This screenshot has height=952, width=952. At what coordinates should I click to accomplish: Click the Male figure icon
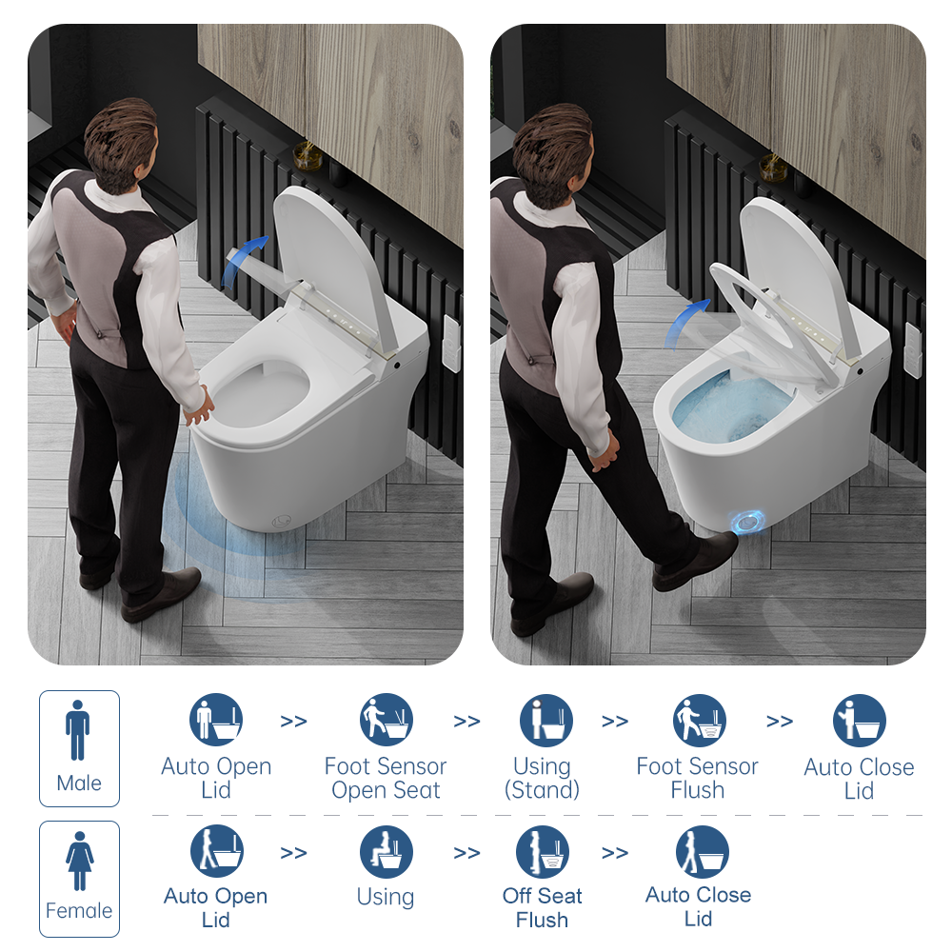tap(78, 730)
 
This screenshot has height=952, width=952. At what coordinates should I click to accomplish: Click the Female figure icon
tap(80, 861)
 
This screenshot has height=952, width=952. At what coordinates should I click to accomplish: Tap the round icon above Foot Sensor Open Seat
tap(387, 720)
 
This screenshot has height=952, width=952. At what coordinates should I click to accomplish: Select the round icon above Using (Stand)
tap(546, 720)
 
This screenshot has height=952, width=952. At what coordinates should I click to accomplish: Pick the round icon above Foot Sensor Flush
tap(700, 720)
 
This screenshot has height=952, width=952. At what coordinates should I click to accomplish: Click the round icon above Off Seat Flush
tap(543, 851)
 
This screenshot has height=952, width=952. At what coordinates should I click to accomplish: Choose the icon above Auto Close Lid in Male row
tap(859, 720)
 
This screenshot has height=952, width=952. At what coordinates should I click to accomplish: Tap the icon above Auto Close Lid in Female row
tap(703, 851)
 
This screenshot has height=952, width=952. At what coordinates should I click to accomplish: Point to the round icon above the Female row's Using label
tap(387, 851)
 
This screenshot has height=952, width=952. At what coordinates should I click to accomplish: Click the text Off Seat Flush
tap(543, 907)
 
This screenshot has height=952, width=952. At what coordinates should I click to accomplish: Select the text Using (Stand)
tap(543, 778)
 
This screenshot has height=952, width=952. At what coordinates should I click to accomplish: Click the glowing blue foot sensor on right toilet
tap(747, 522)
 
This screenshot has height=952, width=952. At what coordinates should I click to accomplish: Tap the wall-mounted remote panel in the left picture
tap(451, 343)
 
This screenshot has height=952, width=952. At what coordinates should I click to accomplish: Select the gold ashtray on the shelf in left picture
tap(306, 155)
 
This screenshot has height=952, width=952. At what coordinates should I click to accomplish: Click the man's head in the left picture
tap(122, 144)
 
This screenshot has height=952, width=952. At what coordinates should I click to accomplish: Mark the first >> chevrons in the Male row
tap(294, 722)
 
